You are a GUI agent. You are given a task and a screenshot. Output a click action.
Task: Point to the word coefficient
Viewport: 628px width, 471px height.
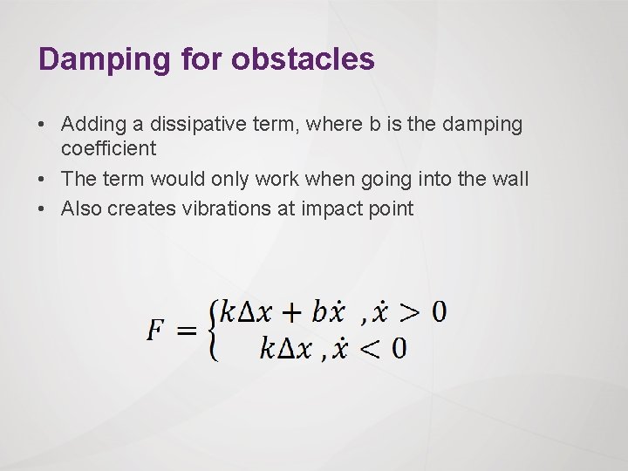pyautogui.click(x=108, y=148)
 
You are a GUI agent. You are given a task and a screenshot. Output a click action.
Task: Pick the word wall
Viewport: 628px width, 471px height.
pyautogui.click(x=510, y=179)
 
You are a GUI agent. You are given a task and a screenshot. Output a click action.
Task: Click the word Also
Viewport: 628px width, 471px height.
pyautogui.click(x=79, y=208)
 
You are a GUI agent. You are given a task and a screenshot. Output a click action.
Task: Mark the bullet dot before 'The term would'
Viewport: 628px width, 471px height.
pyautogui.click(x=44, y=180)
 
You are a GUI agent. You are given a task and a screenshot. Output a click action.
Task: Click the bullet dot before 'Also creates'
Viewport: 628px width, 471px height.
pyautogui.click(x=44, y=209)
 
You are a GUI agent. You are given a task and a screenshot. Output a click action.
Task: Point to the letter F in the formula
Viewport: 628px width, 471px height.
pyautogui.click(x=155, y=331)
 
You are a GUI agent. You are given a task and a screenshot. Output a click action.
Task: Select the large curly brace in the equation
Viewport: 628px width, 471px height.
pyautogui.click(x=212, y=331)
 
